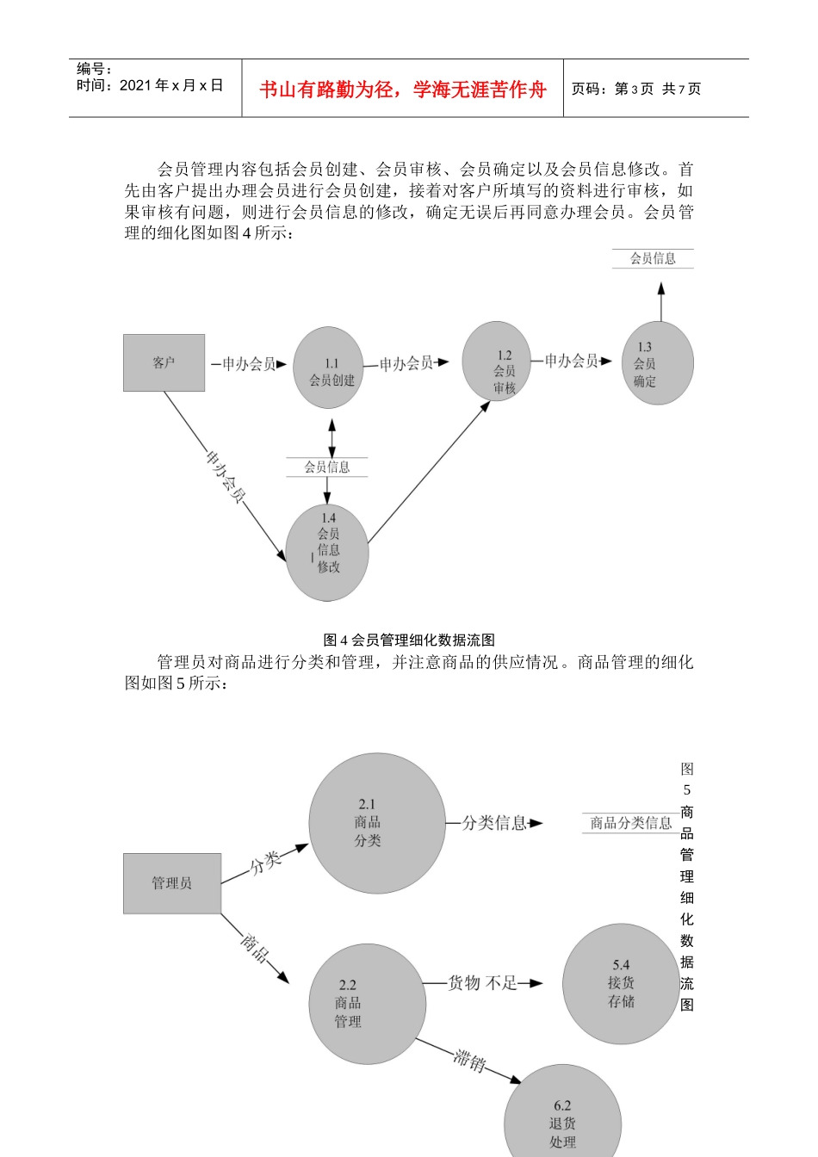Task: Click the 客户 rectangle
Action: [x=164, y=362]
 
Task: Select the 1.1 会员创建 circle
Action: [x=328, y=368]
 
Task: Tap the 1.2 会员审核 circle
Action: [x=497, y=362]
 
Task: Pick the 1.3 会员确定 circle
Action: [x=658, y=363]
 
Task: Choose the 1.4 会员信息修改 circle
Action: [x=327, y=552]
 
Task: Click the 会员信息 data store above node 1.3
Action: [x=653, y=258]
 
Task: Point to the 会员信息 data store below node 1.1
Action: [x=327, y=467]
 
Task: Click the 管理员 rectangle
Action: [x=172, y=882]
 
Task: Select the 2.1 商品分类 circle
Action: [x=376, y=822]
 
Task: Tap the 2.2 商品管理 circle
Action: [x=367, y=1004]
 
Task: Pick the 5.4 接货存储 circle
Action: [x=621, y=983]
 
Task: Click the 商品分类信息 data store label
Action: [x=630, y=823]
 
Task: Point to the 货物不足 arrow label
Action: [x=482, y=982]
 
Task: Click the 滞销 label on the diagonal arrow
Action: [x=470, y=1060]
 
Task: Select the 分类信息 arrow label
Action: [x=494, y=823]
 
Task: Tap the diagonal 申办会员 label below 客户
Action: [x=226, y=476]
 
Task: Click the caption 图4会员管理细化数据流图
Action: [x=409, y=640]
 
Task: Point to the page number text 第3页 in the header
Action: [x=634, y=89]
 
